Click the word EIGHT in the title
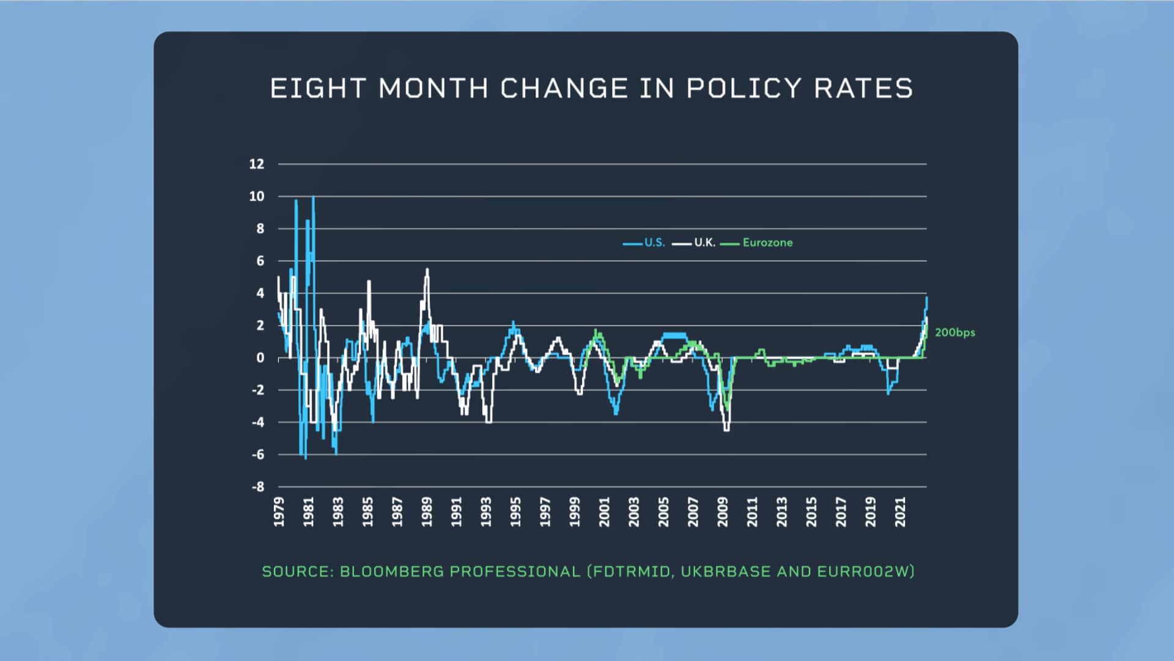317,89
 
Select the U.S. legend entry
654,243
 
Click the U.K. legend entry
704,243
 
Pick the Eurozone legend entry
767,243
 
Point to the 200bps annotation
954,333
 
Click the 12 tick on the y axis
257,164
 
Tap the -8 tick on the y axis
258,487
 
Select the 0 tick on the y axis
260,358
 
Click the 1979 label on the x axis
279,512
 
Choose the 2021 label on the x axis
900,512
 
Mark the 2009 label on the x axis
723,512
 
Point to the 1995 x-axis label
515,512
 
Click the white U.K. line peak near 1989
427,270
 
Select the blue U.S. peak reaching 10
313,198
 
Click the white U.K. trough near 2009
726,430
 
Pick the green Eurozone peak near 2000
596,330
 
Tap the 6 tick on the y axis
260,261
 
